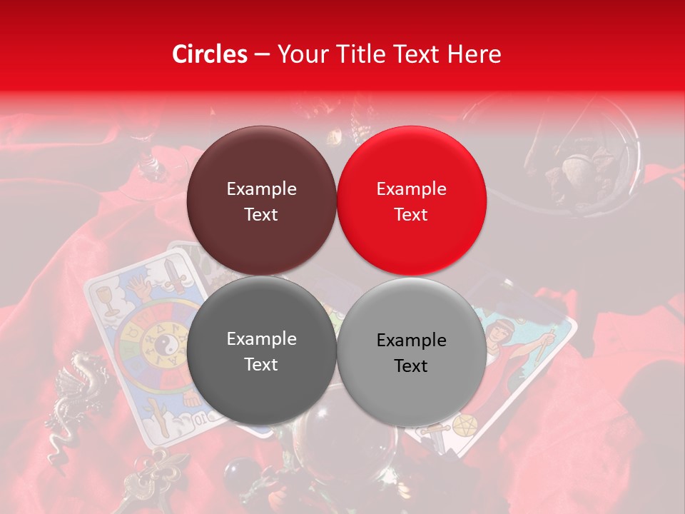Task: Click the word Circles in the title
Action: (209, 54)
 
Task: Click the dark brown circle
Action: (261, 201)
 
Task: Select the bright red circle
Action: (412, 201)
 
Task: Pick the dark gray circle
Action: (261, 351)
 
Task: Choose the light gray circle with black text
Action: (412, 352)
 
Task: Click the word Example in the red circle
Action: (411, 189)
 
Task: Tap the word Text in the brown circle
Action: (261, 215)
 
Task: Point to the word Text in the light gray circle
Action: (411, 366)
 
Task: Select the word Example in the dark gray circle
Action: (261, 339)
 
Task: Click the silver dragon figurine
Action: (68, 400)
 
